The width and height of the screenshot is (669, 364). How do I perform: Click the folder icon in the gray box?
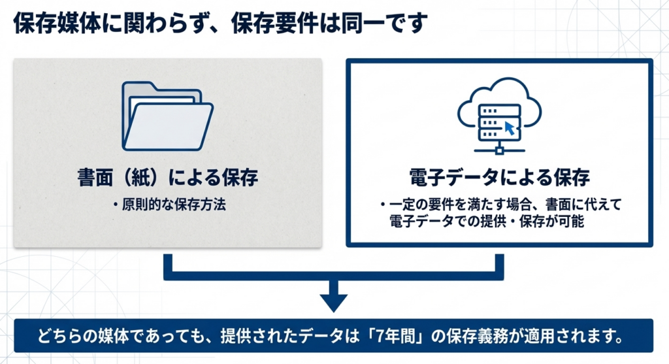point(167,116)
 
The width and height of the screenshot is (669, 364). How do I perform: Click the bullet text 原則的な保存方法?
point(172,205)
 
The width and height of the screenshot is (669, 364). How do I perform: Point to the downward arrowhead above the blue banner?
point(334,301)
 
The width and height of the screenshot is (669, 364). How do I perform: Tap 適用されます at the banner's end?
point(585,338)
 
